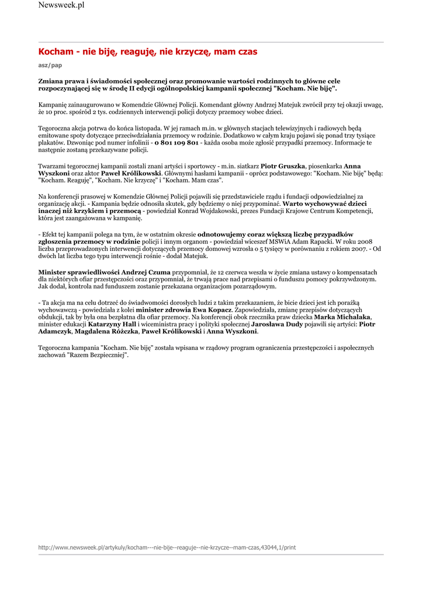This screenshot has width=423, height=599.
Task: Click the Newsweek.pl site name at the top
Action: pos(61,5)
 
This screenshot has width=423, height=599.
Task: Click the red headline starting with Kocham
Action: pos(147,52)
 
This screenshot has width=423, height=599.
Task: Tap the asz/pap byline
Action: pos(50,66)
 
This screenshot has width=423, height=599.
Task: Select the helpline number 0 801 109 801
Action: pos(176,143)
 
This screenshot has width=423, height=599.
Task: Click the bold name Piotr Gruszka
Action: pos(283,166)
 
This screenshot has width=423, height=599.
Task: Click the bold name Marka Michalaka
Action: pos(342,317)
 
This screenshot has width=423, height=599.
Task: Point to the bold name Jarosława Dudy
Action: pos(277,324)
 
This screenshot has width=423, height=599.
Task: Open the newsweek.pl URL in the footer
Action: pos(167,548)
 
